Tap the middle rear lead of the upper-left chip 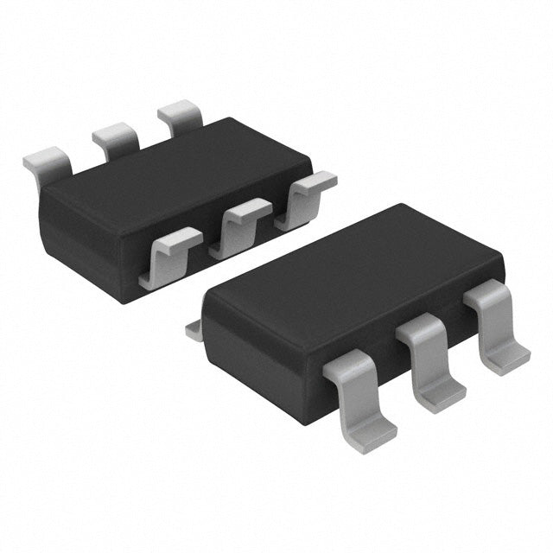click(x=117, y=138)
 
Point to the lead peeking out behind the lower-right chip click(x=194, y=330)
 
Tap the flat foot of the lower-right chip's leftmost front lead click(x=370, y=432)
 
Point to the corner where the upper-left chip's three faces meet click(x=121, y=226)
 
